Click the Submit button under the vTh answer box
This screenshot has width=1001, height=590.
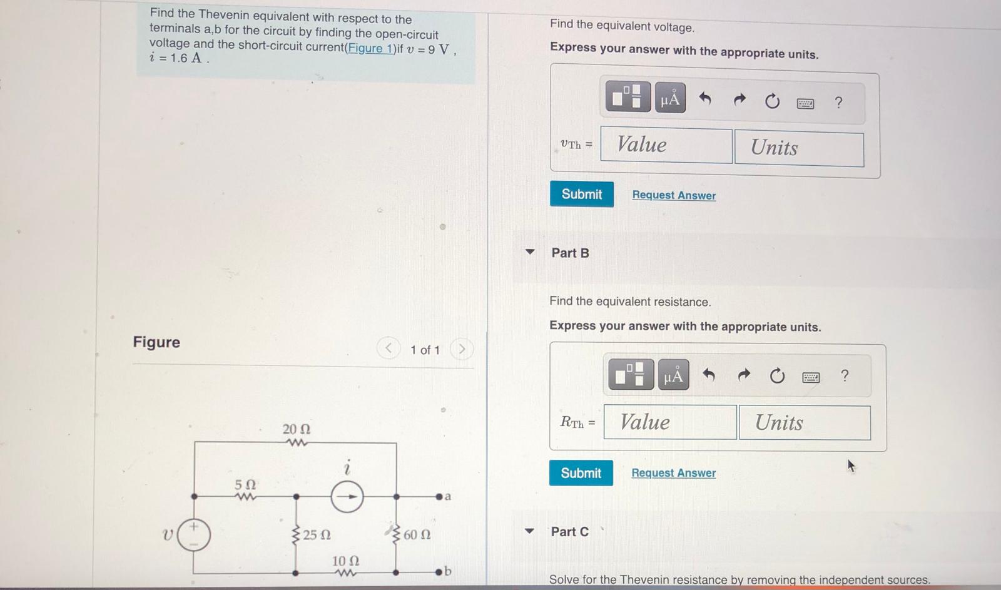point(581,194)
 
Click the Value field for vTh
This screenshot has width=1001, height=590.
point(666,145)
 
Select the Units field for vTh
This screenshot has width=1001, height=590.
point(799,148)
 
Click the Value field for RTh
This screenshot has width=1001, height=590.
point(669,422)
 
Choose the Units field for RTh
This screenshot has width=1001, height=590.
point(804,423)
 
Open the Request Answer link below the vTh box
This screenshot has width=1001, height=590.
point(674,195)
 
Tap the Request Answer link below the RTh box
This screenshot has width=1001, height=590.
point(673,473)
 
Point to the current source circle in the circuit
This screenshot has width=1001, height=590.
point(347,497)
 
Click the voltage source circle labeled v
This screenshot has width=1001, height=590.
point(193,535)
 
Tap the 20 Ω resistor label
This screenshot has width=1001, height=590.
point(296,429)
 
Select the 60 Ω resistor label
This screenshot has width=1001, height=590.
point(417,535)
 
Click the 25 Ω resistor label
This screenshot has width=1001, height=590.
point(317,535)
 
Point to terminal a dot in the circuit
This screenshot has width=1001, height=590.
point(439,497)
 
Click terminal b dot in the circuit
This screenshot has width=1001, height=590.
point(439,572)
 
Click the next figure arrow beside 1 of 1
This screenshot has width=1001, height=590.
point(462,349)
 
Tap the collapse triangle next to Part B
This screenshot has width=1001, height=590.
point(530,252)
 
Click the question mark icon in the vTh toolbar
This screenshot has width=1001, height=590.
point(838,102)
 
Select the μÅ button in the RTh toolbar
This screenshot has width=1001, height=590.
point(673,375)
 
